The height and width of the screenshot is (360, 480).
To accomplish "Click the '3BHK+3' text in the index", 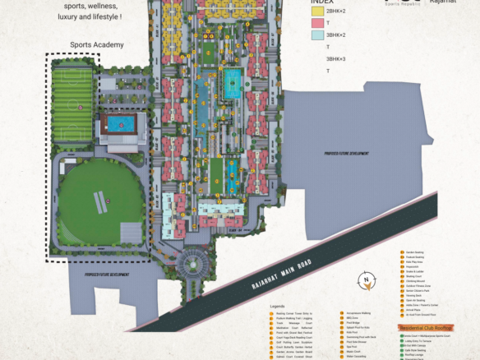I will click(336, 58).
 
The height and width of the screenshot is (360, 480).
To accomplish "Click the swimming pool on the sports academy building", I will click(122, 125).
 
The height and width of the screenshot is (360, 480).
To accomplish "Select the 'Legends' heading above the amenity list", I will click(277, 306).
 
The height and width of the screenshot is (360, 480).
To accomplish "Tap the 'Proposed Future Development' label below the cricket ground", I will click(108, 275).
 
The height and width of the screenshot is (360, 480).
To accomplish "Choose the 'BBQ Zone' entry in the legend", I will click(354, 318).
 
